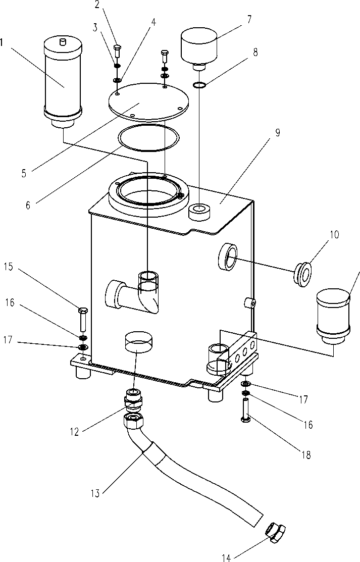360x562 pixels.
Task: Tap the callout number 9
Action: (278, 133)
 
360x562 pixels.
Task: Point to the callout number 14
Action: (226, 557)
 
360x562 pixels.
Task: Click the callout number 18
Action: (305, 455)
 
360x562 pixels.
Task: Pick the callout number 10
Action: (335, 235)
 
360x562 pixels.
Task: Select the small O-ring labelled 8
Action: (200, 84)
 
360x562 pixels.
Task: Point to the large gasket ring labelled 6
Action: (148, 137)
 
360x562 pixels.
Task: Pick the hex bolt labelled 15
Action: (83, 318)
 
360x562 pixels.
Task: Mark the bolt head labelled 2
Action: (117, 49)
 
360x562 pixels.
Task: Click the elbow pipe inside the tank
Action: (136, 293)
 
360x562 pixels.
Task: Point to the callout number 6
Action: (28, 205)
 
